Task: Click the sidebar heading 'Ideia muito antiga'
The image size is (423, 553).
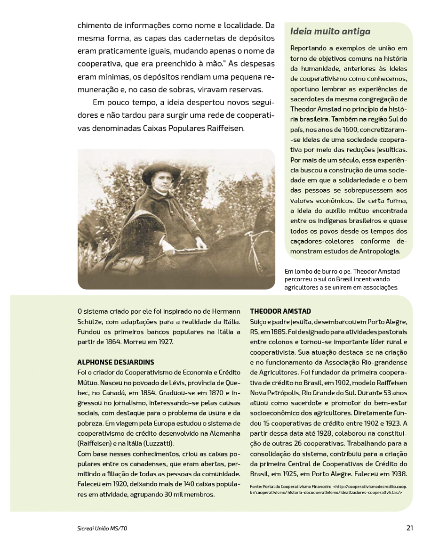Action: pyautogui.click(x=330, y=32)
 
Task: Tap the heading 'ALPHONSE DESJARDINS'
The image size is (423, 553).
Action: pyautogui.click(x=115, y=362)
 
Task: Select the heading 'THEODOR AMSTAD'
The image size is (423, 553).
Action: pyautogui.click(x=280, y=311)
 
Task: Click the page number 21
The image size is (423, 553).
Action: pyautogui.click(x=409, y=528)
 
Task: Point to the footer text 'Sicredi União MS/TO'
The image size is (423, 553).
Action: pyautogui.click(x=102, y=529)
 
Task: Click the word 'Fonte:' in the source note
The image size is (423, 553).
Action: pyautogui.click(x=256, y=486)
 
